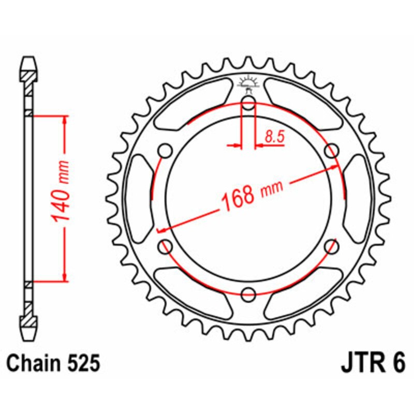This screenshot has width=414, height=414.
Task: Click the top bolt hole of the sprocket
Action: pos(248,103)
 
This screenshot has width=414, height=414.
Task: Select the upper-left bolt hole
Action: pos(166,151)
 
